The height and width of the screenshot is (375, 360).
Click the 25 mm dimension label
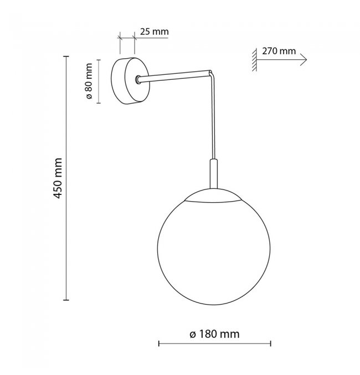click(155, 32)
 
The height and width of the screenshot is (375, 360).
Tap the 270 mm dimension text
click(279, 51)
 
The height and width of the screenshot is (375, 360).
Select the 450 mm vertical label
click(58, 178)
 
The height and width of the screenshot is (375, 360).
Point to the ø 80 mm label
click(89, 81)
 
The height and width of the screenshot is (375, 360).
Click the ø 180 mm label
click(214, 334)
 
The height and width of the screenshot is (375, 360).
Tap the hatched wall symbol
click(254, 60)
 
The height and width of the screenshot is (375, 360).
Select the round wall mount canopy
click(130, 81)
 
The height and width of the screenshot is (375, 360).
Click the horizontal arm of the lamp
click(174, 76)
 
